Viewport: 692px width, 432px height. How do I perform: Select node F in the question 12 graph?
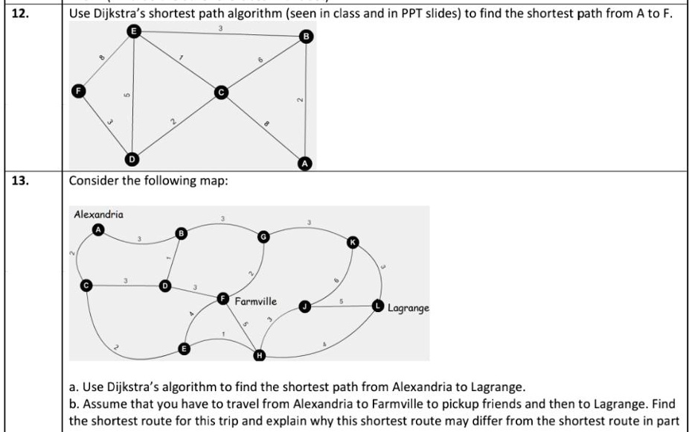[76, 90]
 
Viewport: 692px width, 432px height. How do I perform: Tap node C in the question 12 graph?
[220, 92]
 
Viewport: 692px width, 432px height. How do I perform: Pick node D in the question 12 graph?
[131, 159]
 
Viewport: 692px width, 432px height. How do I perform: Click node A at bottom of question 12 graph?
[304, 163]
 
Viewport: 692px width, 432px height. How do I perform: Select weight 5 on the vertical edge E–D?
[126, 95]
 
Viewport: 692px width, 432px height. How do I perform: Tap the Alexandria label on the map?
[99, 215]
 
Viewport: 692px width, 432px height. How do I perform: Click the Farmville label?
[255, 302]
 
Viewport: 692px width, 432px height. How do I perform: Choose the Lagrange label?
[409, 307]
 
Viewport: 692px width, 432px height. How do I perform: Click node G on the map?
[263, 236]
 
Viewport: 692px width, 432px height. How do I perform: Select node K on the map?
[353, 241]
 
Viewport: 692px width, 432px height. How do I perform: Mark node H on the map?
[259, 355]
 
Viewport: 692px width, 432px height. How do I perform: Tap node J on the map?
[304, 306]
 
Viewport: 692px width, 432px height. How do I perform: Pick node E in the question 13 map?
[185, 348]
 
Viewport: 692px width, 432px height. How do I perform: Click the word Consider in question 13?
[93, 180]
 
